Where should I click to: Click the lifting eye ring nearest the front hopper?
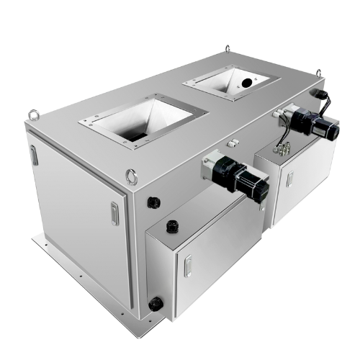tap(131, 175)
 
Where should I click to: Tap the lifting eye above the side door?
tap(32, 113)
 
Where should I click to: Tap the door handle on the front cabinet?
tap(187, 266)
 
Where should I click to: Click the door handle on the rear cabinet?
tap(289, 178)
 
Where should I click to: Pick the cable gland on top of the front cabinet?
tap(171, 226)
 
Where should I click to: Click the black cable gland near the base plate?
tap(153, 305)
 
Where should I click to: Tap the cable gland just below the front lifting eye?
tap(152, 202)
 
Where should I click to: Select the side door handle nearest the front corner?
tap(114, 213)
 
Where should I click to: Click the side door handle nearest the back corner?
tap(34, 154)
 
